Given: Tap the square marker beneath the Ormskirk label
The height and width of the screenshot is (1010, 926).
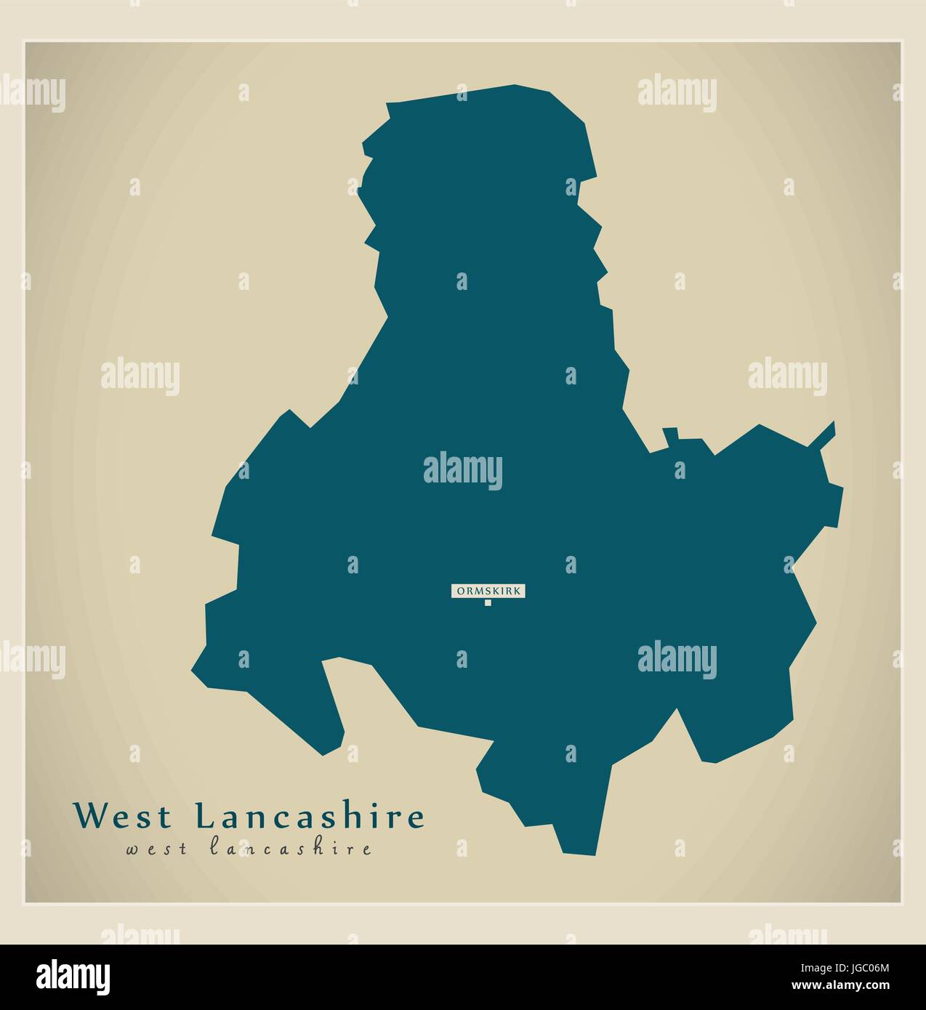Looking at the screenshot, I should point(488,602).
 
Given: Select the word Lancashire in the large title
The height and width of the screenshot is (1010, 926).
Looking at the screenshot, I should point(310,815).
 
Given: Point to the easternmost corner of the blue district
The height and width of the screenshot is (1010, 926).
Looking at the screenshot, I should point(842,488).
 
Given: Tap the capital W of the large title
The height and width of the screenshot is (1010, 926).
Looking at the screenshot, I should point(89,815).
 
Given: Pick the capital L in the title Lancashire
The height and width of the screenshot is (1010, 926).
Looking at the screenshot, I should point(207,815).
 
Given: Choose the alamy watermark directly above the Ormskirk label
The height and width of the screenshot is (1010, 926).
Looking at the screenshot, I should point(463,469).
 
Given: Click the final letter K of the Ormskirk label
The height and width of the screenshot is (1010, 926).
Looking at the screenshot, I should point(517,591).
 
